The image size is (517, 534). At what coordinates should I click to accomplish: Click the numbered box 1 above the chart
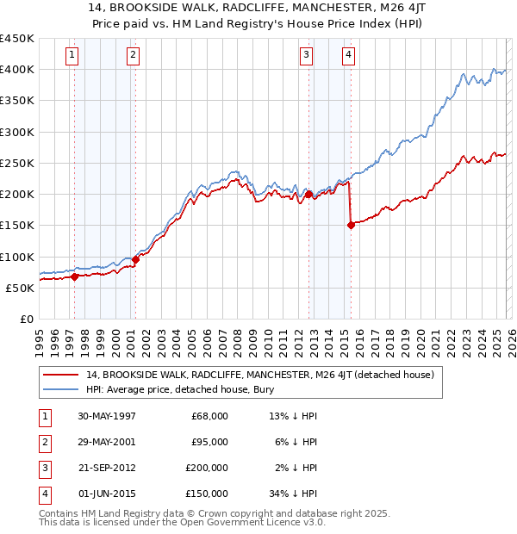(x=71, y=55)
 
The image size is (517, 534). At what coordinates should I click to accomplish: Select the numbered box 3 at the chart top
(x=306, y=55)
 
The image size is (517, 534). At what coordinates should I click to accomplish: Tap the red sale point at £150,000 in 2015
(x=351, y=226)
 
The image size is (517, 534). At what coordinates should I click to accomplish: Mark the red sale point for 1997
(x=75, y=276)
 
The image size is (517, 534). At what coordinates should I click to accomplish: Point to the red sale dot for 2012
(x=308, y=195)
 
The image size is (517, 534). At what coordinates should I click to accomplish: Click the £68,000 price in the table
(x=209, y=416)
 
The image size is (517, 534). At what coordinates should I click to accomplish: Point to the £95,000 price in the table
(x=209, y=442)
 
